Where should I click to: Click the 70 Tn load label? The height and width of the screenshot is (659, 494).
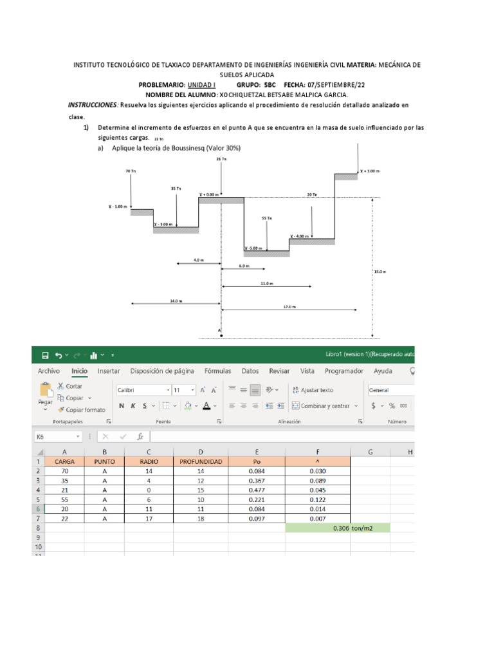click(131, 171)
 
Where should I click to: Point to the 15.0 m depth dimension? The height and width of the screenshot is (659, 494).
click(380, 272)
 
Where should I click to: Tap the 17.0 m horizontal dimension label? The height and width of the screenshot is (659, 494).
click(289, 307)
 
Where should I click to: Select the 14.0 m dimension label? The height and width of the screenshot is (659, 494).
click(176, 301)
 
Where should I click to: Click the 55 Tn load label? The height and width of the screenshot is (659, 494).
click(268, 218)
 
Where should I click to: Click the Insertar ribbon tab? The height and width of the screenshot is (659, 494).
click(108, 371)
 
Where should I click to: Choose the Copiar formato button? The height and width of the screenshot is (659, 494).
click(81, 409)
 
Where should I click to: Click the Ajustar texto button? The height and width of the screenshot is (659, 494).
click(313, 389)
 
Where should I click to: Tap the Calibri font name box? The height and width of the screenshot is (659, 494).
click(140, 390)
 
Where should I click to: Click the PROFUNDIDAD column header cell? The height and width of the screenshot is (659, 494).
click(201, 461)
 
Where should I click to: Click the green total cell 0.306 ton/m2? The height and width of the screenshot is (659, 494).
click(338, 528)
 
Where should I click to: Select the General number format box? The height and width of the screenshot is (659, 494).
click(389, 390)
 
